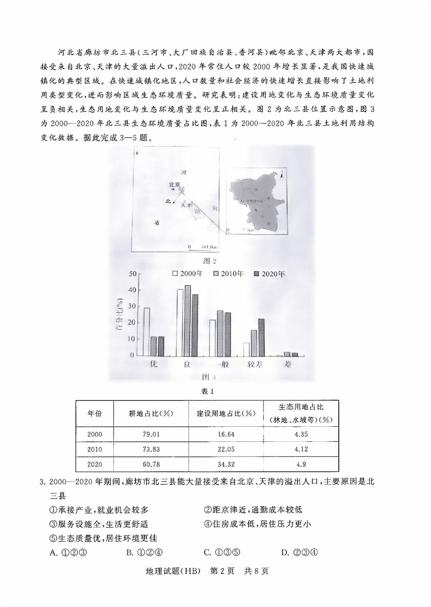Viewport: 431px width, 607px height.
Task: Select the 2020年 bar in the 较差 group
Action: (x=261, y=337)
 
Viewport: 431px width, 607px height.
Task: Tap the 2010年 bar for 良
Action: (x=188, y=320)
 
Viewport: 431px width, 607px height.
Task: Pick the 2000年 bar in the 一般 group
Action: (x=213, y=338)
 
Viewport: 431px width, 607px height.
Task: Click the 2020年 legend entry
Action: (x=269, y=274)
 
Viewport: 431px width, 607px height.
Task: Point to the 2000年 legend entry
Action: (x=188, y=274)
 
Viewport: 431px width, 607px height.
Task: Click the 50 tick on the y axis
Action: (x=133, y=273)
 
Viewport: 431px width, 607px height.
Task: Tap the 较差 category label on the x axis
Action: (x=255, y=364)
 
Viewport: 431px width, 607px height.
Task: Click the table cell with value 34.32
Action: (x=226, y=464)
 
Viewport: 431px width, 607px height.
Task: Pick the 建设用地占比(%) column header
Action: (x=226, y=413)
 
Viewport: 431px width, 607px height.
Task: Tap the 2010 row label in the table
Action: (x=95, y=449)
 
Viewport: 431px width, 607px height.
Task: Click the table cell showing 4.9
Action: (x=301, y=464)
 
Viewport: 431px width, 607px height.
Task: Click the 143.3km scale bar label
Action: (x=209, y=247)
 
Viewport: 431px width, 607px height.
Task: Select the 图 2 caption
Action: (x=209, y=261)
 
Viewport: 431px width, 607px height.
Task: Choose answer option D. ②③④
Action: (x=300, y=553)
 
